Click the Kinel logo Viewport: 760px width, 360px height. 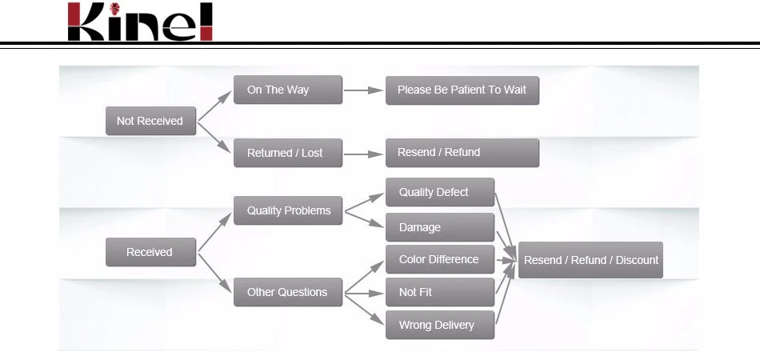pyautogui.click(x=140, y=22)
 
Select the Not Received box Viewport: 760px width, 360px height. pyautogui.click(x=150, y=121)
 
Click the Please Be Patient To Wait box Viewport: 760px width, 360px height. pyautogui.click(x=462, y=90)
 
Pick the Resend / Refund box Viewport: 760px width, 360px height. pyautogui.click(x=462, y=153)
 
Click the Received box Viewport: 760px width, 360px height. pyautogui.click(x=150, y=252)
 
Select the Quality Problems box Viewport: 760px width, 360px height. pyautogui.click(x=288, y=210)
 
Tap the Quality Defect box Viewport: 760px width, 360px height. pyautogui.click(x=439, y=192)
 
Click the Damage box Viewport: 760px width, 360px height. pyautogui.click(x=439, y=227)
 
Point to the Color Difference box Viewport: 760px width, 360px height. pyautogui.click(x=439, y=259)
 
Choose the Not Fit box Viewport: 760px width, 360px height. pyautogui.click(x=439, y=292)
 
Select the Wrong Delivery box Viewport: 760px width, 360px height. pyautogui.click(x=439, y=325)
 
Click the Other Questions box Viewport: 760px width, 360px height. pyautogui.click(x=288, y=292)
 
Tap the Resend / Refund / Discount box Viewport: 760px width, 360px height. pyautogui.click(x=590, y=260)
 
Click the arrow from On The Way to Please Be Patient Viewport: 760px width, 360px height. pyautogui.click(x=364, y=90)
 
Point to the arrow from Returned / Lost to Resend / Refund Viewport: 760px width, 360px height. pyautogui.click(x=364, y=153)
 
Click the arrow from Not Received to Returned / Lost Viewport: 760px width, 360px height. pyautogui.click(x=214, y=137)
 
